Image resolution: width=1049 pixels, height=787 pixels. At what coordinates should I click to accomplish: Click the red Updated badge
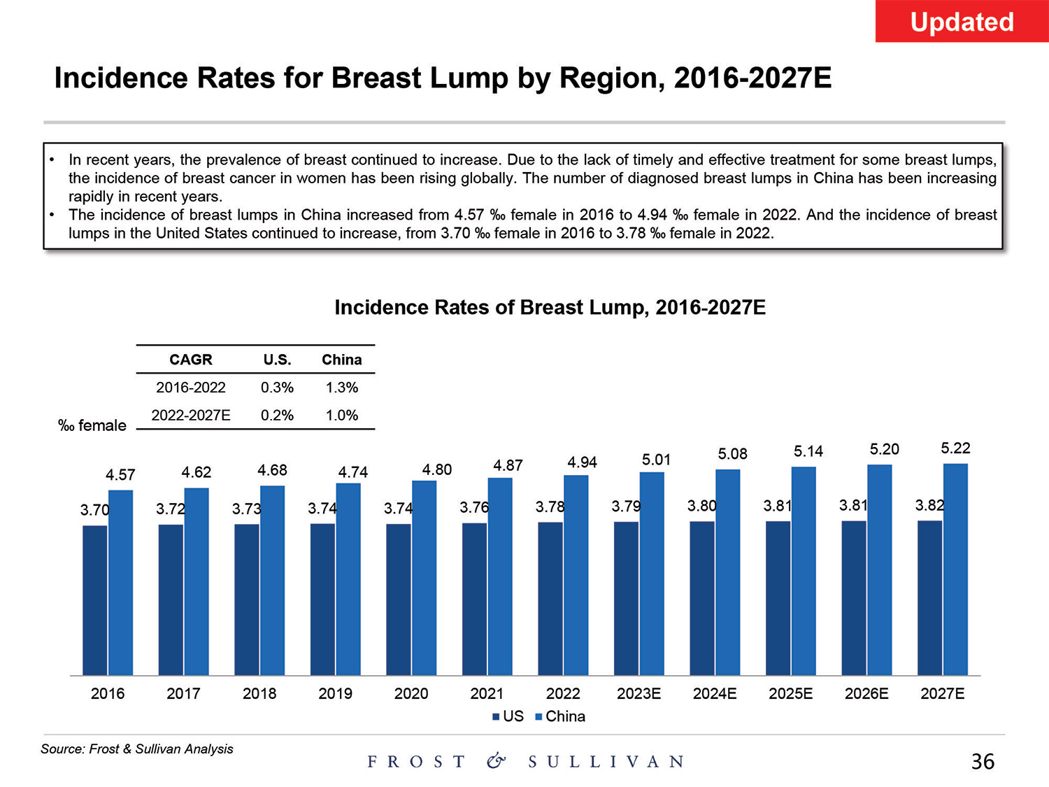click(962, 22)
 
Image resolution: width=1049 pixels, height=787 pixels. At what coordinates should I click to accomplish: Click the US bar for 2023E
click(626, 598)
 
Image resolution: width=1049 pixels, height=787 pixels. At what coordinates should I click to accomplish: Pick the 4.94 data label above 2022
click(582, 462)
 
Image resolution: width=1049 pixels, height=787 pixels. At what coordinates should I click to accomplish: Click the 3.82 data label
click(929, 505)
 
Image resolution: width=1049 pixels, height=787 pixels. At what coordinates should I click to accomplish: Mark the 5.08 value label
click(732, 454)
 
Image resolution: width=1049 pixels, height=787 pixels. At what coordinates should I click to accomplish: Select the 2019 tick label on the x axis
click(335, 693)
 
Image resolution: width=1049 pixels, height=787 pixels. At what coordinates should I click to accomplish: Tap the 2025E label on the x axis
click(790, 693)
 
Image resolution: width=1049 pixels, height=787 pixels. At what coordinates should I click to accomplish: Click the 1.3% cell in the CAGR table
click(341, 388)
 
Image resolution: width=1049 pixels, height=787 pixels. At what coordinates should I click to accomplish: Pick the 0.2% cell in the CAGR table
click(277, 415)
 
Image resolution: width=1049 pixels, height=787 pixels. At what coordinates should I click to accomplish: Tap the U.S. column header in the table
click(277, 360)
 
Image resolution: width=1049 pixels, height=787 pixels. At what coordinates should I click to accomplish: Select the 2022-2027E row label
click(191, 415)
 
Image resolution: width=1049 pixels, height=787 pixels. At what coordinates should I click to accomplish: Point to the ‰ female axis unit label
click(92, 425)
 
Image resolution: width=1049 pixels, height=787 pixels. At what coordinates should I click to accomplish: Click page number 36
click(983, 761)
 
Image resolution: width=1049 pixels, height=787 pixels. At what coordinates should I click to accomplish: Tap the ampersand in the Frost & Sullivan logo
click(496, 761)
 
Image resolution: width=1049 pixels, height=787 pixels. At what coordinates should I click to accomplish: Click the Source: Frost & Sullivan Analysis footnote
click(137, 749)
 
